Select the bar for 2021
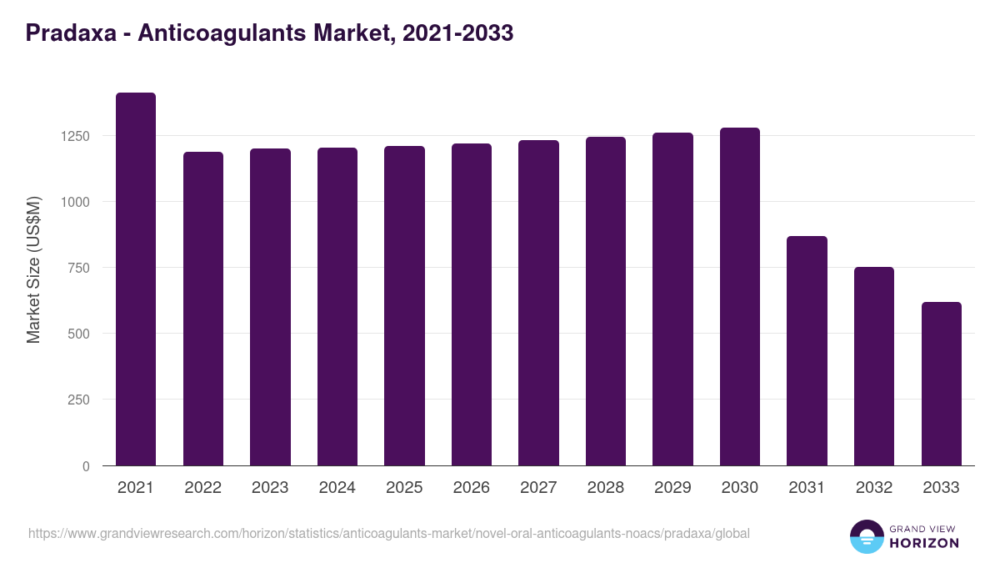pos(135,279)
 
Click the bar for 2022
pos(202,309)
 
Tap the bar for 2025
pos(404,306)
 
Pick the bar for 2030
pos(739,297)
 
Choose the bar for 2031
pos(807,351)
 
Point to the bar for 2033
pos(941,384)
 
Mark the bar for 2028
pos(605,301)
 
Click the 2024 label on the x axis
pos(337,488)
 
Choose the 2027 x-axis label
pos(538,488)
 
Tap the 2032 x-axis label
pos(874,488)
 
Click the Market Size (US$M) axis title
pos(33,269)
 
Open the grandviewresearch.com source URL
pos(389,533)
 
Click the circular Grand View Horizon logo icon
pos(866,536)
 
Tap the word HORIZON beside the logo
pos(923,543)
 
